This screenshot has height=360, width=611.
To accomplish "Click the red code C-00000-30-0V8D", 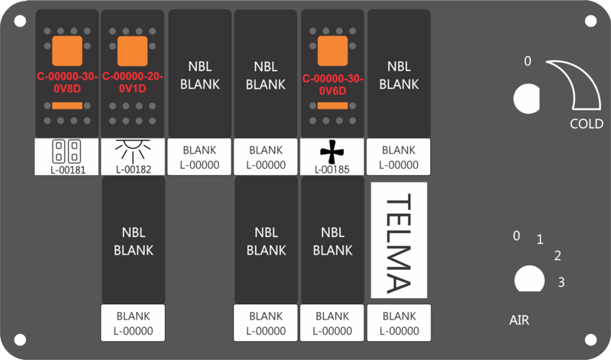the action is click(x=67, y=83).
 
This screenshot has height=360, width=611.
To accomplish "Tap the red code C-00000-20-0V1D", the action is click(x=132, y=83).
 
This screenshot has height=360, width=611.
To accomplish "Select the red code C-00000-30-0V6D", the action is click(x=333, y=85).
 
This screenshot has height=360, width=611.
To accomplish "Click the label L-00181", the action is click(x=68, y=170).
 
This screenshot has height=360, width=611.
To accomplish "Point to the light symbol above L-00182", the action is click(x=133, y=150).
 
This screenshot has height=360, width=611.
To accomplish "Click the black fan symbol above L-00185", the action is click(x=332, y=151).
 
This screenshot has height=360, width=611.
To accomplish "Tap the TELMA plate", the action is click(x=399, y=240).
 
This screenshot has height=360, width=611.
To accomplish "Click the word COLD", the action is click(x=587, y=124).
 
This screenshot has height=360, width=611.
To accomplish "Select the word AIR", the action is click(x=519, y=320).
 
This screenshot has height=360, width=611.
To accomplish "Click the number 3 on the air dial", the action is click(x=561, y=282).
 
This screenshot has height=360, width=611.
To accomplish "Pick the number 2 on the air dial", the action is click(x=558, y=256).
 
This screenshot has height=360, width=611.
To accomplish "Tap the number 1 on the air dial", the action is click(x=540, y=239).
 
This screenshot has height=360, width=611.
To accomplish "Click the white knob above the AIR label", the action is click(x=529, y=279).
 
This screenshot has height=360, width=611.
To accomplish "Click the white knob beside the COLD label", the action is click(x=527, y=99).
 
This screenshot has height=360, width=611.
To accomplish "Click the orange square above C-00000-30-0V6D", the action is click(x=332, y=51).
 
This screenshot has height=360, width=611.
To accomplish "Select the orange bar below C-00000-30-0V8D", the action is click(x=67, y=105).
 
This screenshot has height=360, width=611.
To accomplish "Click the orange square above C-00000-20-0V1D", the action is click(x=132, y=51).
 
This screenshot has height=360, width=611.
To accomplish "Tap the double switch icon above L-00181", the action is click(x=66, y=151).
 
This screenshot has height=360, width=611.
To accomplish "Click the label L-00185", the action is click(x=332, y=170).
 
